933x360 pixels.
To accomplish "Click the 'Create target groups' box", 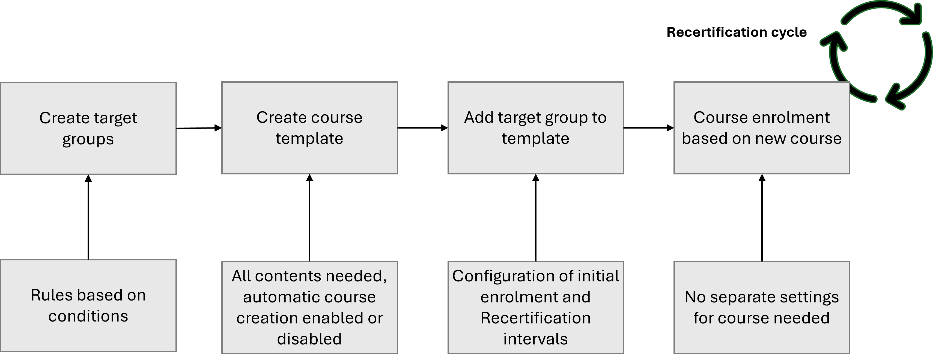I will [x=88, y=128].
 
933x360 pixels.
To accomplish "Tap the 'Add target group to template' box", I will [x=535, y=128].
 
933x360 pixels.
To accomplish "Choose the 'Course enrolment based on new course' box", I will [x=761, y=128].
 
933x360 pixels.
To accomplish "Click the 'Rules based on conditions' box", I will [x=88, y=305].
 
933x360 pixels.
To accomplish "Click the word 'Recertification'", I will [x=535, y=318].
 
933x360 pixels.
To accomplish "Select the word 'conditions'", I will [x=88, y=316].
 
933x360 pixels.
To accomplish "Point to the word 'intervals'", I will [x=535, y=339].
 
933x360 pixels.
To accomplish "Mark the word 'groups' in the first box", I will [x=88, y=139].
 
